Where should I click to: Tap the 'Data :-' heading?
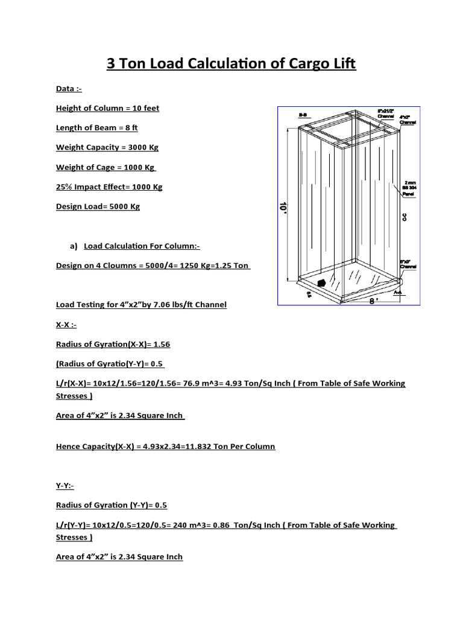coord(69,89)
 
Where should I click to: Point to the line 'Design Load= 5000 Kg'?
coord(98,206)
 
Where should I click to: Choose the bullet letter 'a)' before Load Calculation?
coord(75,246)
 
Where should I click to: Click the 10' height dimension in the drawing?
coord(282,207)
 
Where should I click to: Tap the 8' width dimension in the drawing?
coord(374,301)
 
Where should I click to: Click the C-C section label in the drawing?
coord(405,215)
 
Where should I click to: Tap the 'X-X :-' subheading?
coord(66,325)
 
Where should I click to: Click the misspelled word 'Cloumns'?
coord(115,266)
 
